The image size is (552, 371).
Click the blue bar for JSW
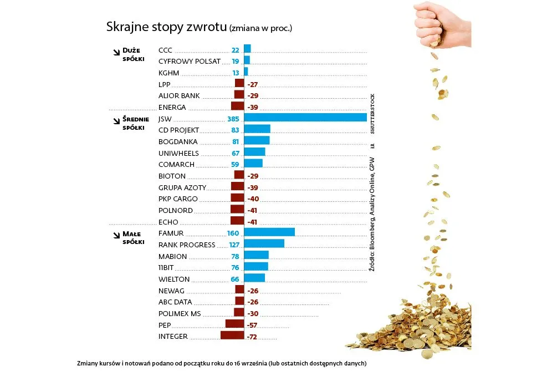coord(305,118)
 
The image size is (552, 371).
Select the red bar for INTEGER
coord(232,336)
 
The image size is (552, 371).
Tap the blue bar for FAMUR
coord(269,232)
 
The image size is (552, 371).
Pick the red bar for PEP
coord(234,324)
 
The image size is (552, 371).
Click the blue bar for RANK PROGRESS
coord(264,243)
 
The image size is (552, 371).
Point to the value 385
coord(233,119)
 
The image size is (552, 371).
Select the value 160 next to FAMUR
coord(233,233)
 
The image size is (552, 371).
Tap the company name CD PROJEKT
coord(178,130)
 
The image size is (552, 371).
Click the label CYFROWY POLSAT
coord(190,62)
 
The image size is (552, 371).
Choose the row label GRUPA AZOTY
coord(182,187)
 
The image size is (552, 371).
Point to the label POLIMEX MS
coord(180,313)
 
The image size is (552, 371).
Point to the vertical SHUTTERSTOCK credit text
coord(372,114)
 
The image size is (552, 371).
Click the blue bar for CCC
coord(247,49)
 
